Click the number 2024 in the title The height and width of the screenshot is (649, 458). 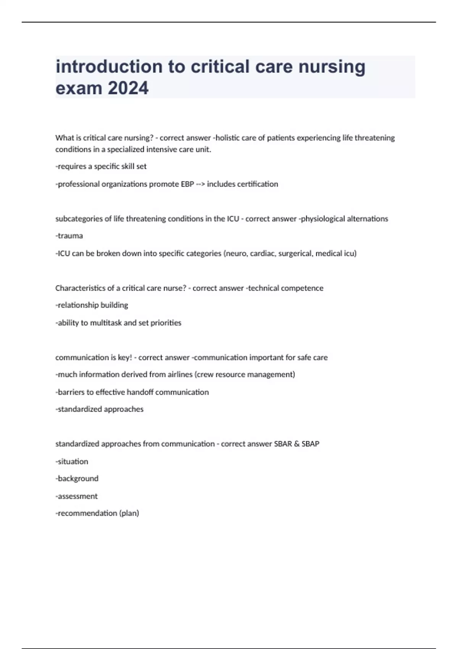pos(128,88)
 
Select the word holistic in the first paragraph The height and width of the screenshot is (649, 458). pos(229,138)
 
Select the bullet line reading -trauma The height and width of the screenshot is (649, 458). pos(69,236)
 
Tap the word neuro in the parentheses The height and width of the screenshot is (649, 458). pos(236,253)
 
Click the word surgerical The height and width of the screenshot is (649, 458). pos(297,253)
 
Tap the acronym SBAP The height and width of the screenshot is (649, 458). pos(310,444)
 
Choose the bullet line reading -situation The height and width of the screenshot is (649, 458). pos(72,462)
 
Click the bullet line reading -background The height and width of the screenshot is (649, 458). pos(77,479)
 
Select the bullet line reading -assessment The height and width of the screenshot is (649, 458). pos(77,496)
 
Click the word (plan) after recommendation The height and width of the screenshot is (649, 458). pos(129,513)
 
